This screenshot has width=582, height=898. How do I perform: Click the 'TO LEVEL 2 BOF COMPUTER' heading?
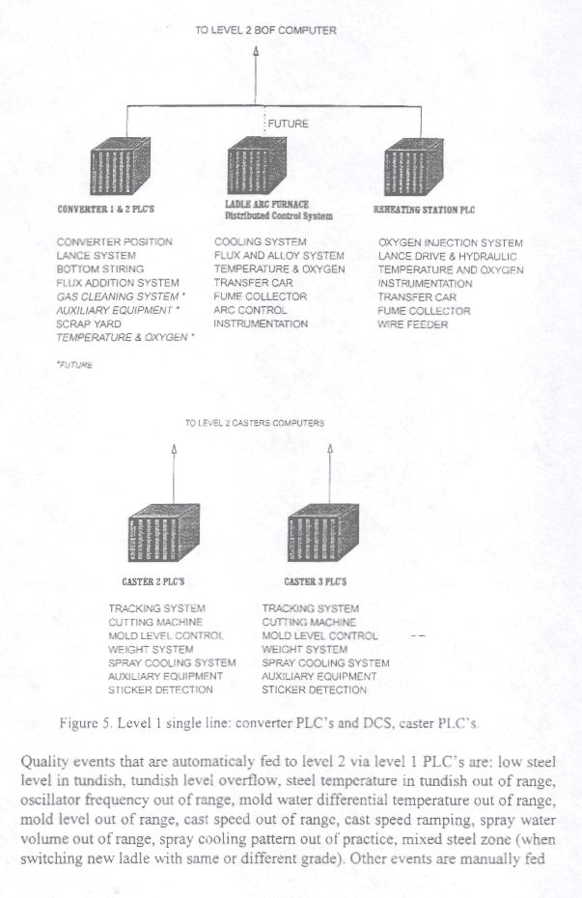tap(265, 31)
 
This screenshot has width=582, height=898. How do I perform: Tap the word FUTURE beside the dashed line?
tap(288, 124)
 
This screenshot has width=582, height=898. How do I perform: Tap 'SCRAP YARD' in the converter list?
tap(89, 324)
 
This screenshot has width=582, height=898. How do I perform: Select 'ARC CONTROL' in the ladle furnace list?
tap(250, 311)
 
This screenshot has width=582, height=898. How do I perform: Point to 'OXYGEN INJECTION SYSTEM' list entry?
tap(451, 243)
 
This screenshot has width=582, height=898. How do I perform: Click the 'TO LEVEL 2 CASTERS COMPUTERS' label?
tap(254, 423)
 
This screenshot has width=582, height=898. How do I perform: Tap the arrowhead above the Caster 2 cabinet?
tap(174, 449)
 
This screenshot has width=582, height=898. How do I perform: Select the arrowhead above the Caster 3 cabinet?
tap(330, 449)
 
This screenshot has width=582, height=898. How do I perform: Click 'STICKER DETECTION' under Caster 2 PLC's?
tap(160, 690)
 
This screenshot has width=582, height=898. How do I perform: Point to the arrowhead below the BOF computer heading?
tap(256, 50)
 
